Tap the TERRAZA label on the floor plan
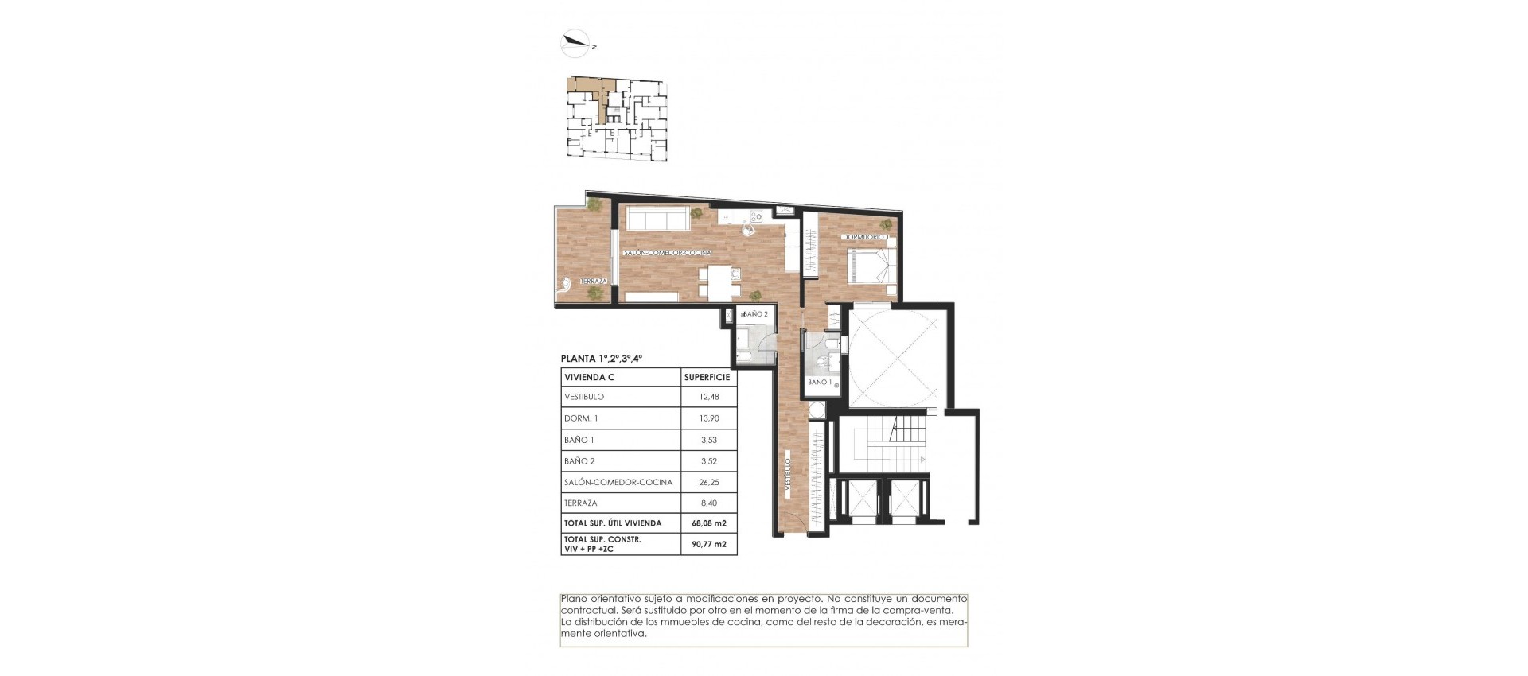[594, 282]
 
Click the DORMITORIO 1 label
[867, 238]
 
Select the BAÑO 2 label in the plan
[754, 314]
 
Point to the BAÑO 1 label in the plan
[820, 383]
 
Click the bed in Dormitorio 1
[871, 265]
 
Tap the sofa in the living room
[657, 219]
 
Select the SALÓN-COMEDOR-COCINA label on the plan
[668, 253]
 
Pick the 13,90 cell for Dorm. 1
[708, 418]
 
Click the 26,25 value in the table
[708, 482]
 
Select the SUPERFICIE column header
[707, 377]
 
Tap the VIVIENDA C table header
[590, 377]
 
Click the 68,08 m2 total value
[708, 523]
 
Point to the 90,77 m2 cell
[708, 545]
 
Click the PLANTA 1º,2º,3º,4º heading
[602, 359]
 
